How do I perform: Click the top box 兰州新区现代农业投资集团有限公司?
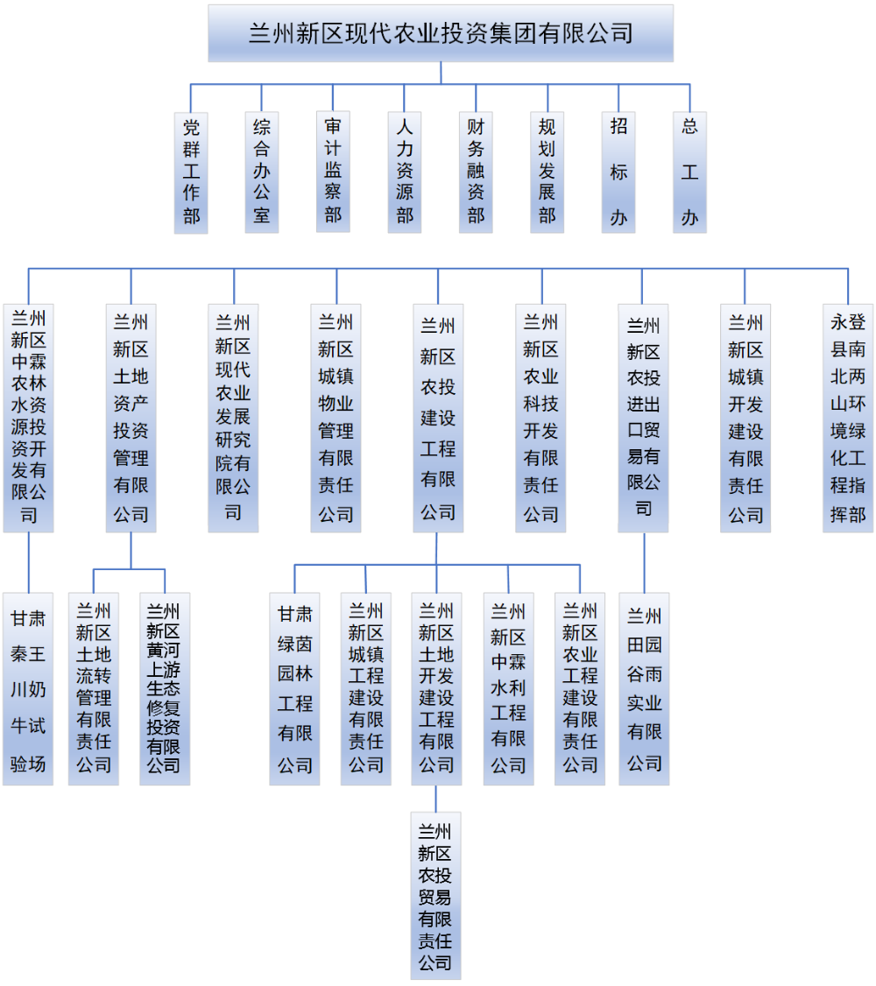pyautogui.click(x=441, y=33)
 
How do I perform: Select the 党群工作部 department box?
pyautogui.click(x=191, y=172)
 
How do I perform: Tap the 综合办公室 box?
pyautogui.click(x=262, y=172)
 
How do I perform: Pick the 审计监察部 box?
pyautogui.click(x=333, y=172)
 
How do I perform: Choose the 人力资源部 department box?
pyautogui.click(x=405, y=172)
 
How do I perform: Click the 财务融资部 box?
pyautogui.click(x=476, y=172)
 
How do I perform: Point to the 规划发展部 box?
pyautogui.click(x=547, y=172)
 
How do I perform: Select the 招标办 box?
pyautogui.click(x=618, y=172)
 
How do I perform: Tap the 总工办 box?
pyautogui.click(x=690, y=172)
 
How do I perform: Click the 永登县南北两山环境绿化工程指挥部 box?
pyautogui.click(x=848, y=418)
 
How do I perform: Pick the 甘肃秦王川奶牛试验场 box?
pyautogui.click(x=28, y=689)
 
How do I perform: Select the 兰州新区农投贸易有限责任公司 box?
pyautogui.click(x=435, y=895)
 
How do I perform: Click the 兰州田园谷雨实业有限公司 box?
pyautogui.click(x=644, y=689)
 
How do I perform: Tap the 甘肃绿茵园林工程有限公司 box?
pyautogui.click(x=295, y=689)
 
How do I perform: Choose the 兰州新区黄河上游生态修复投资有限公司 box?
pyautogui.click(x=165, y=689)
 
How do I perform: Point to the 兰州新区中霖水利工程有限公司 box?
pyautogui.click(x=508, y=689)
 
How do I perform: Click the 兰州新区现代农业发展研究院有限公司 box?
pyautogui.click(x=233, y=418)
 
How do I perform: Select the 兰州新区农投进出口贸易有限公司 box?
pyautogui.click(x=643, y=418)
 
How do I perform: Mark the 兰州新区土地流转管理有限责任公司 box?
pyautogui.click(x=94, y=689)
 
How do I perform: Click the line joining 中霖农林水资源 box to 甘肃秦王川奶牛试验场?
pyautogui.click(x=28, y=562)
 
